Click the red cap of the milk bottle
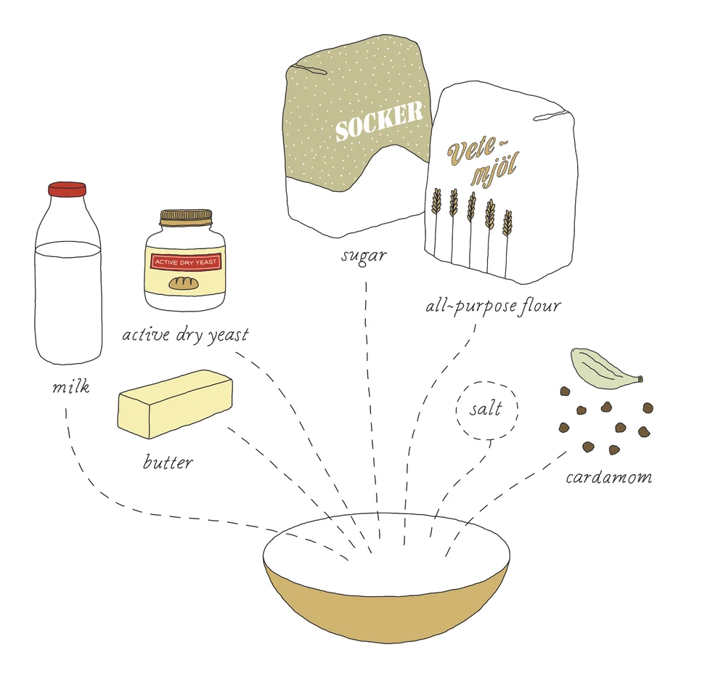coord(67,190)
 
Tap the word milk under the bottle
coord(70,386)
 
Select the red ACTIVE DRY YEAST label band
coord(186,262)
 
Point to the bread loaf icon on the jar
coord(184,283)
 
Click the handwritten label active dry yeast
coord(185,334)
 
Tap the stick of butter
coord(175,404)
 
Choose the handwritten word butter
coord(168,462)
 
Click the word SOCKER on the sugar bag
coord(379,121)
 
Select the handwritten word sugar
coord(364,256)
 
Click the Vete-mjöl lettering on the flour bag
coord(482,160)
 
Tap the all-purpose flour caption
coord(493,306)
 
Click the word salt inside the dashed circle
coord(486,409)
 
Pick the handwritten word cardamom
coord(609,477)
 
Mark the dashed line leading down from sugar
coord(372,410)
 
